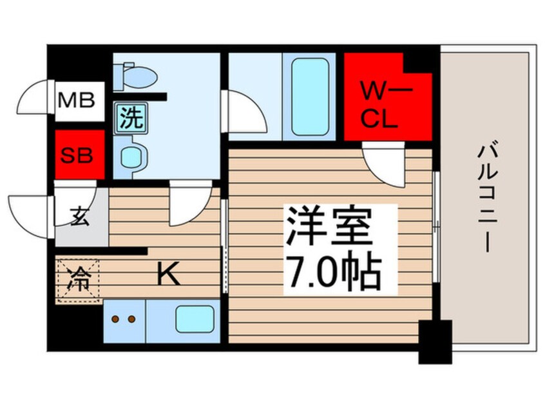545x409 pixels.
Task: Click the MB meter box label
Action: click(x=77, y=101)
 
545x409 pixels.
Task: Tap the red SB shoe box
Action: click(x=78, y=155)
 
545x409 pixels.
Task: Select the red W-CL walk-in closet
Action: click(x=380, y=103)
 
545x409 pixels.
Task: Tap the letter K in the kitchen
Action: click(x=168, y=276)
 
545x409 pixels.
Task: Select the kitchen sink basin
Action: click(x=196, y=319)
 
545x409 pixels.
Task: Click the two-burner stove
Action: click(x=124, y=319)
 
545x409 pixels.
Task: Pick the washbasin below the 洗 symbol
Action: click(x=134, y=156)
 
